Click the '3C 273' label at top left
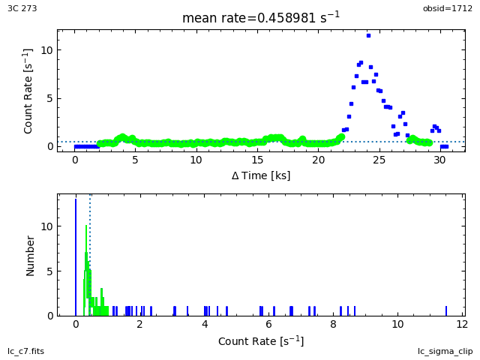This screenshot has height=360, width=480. tap(22, 8)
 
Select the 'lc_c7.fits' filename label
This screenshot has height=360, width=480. tap(26, 351)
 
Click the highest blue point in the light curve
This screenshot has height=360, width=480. tap(368, 35)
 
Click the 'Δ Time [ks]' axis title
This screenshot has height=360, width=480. tap(260, 175)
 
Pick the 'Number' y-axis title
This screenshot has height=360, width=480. tap(31, 255)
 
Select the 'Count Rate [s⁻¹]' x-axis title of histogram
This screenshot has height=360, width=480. tap(260, 340)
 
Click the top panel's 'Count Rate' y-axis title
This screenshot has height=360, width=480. tap(28, 91)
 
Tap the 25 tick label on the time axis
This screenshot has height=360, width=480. tap(379, 160)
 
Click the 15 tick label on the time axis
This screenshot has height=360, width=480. tap(257, 160)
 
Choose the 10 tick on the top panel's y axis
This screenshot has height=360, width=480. tap(46, 50)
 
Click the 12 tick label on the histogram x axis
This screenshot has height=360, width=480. tap(462, 324)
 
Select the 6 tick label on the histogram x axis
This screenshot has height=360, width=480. tap(268, 324)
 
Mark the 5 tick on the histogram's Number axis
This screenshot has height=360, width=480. tap(49, 271)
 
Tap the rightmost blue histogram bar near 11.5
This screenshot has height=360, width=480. tap(446, 310)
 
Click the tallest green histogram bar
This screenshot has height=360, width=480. tap(86, 270)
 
